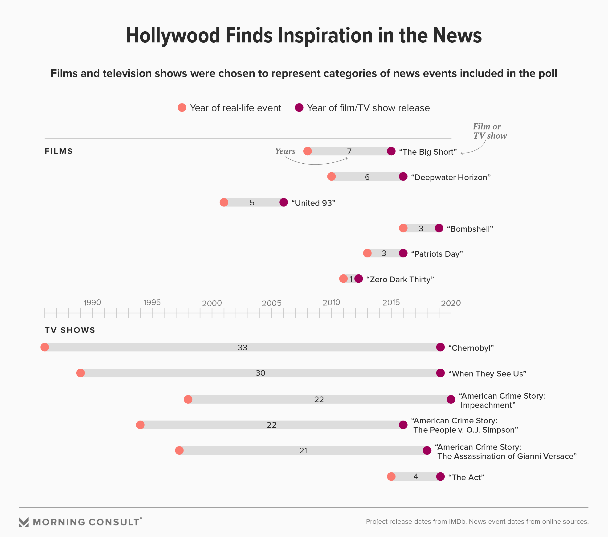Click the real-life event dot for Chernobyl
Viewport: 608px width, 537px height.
coord(45,347)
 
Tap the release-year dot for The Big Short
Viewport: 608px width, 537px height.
coord(391,151)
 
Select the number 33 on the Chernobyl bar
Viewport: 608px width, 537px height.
coord(242,348)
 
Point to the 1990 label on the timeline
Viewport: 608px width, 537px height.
coord(92,303)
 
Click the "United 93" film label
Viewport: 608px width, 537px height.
coord(313,203)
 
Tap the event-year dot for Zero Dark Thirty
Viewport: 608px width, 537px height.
coord(343,279)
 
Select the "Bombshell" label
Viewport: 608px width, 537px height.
coord(470,229)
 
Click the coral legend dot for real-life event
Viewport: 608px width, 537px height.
coord(182,108)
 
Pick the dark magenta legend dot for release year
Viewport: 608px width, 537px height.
coord(299,108)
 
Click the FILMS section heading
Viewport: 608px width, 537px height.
coord(59,151)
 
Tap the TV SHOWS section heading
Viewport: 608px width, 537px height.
coord(70,330)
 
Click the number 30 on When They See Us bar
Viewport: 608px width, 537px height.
coord(260,373)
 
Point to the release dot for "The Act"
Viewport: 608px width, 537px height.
coord(440,477)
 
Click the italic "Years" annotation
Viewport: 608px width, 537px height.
coord(285,151)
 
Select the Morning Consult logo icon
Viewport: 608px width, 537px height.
coord(24,522)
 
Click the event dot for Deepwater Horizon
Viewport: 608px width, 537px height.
coord(331,177)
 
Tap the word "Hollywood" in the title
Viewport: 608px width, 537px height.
coord(173,36)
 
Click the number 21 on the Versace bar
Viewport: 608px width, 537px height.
coord(303,451)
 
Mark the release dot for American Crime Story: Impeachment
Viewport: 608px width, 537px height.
coord(451,400)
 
